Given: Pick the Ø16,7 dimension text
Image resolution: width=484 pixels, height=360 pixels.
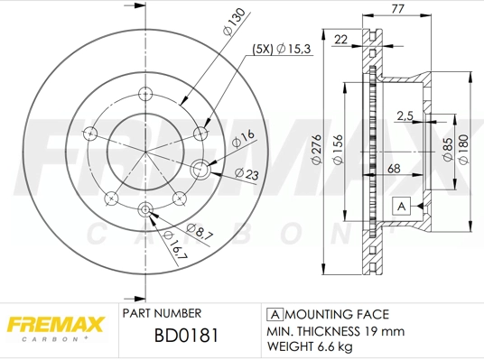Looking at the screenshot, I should point(177,247).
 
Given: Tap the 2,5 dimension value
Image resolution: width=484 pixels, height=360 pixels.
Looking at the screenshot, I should point(406,115).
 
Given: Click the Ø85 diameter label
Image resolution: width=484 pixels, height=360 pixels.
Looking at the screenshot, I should point(447,147).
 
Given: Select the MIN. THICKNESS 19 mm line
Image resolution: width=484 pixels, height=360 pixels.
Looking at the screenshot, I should point(333,331).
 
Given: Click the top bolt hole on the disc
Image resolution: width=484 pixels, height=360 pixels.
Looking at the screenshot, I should point(144,94).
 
